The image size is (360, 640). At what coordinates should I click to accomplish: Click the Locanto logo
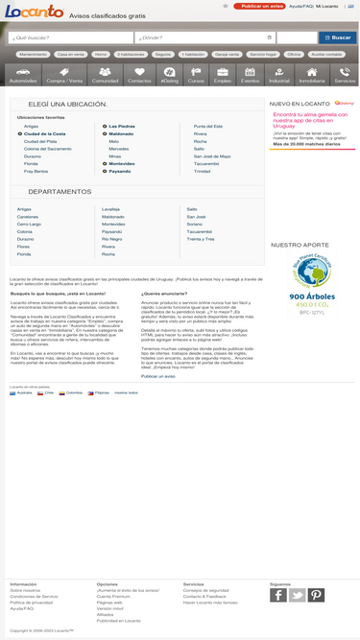pos(34,12)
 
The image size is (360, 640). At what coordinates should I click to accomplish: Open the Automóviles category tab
pos(23,76)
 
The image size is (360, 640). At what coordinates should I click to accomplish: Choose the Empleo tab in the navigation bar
pos(223,76)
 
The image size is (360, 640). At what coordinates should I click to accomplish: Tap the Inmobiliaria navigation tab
pos(312,76)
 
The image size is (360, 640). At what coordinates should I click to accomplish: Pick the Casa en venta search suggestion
pos(70,55)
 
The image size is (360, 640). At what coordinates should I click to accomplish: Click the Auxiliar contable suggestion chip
pos(326,55)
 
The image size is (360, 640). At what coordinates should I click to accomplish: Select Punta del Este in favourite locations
pos(207,126)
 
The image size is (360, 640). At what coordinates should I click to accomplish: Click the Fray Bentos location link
pos(36,171)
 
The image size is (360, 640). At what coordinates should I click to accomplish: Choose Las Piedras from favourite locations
pos(121,126)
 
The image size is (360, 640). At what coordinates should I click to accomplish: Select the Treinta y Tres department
pos(202,238)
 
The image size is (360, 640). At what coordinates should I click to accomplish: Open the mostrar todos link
pos(127,392)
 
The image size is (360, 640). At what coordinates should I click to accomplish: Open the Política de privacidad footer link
pos(31,602)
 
